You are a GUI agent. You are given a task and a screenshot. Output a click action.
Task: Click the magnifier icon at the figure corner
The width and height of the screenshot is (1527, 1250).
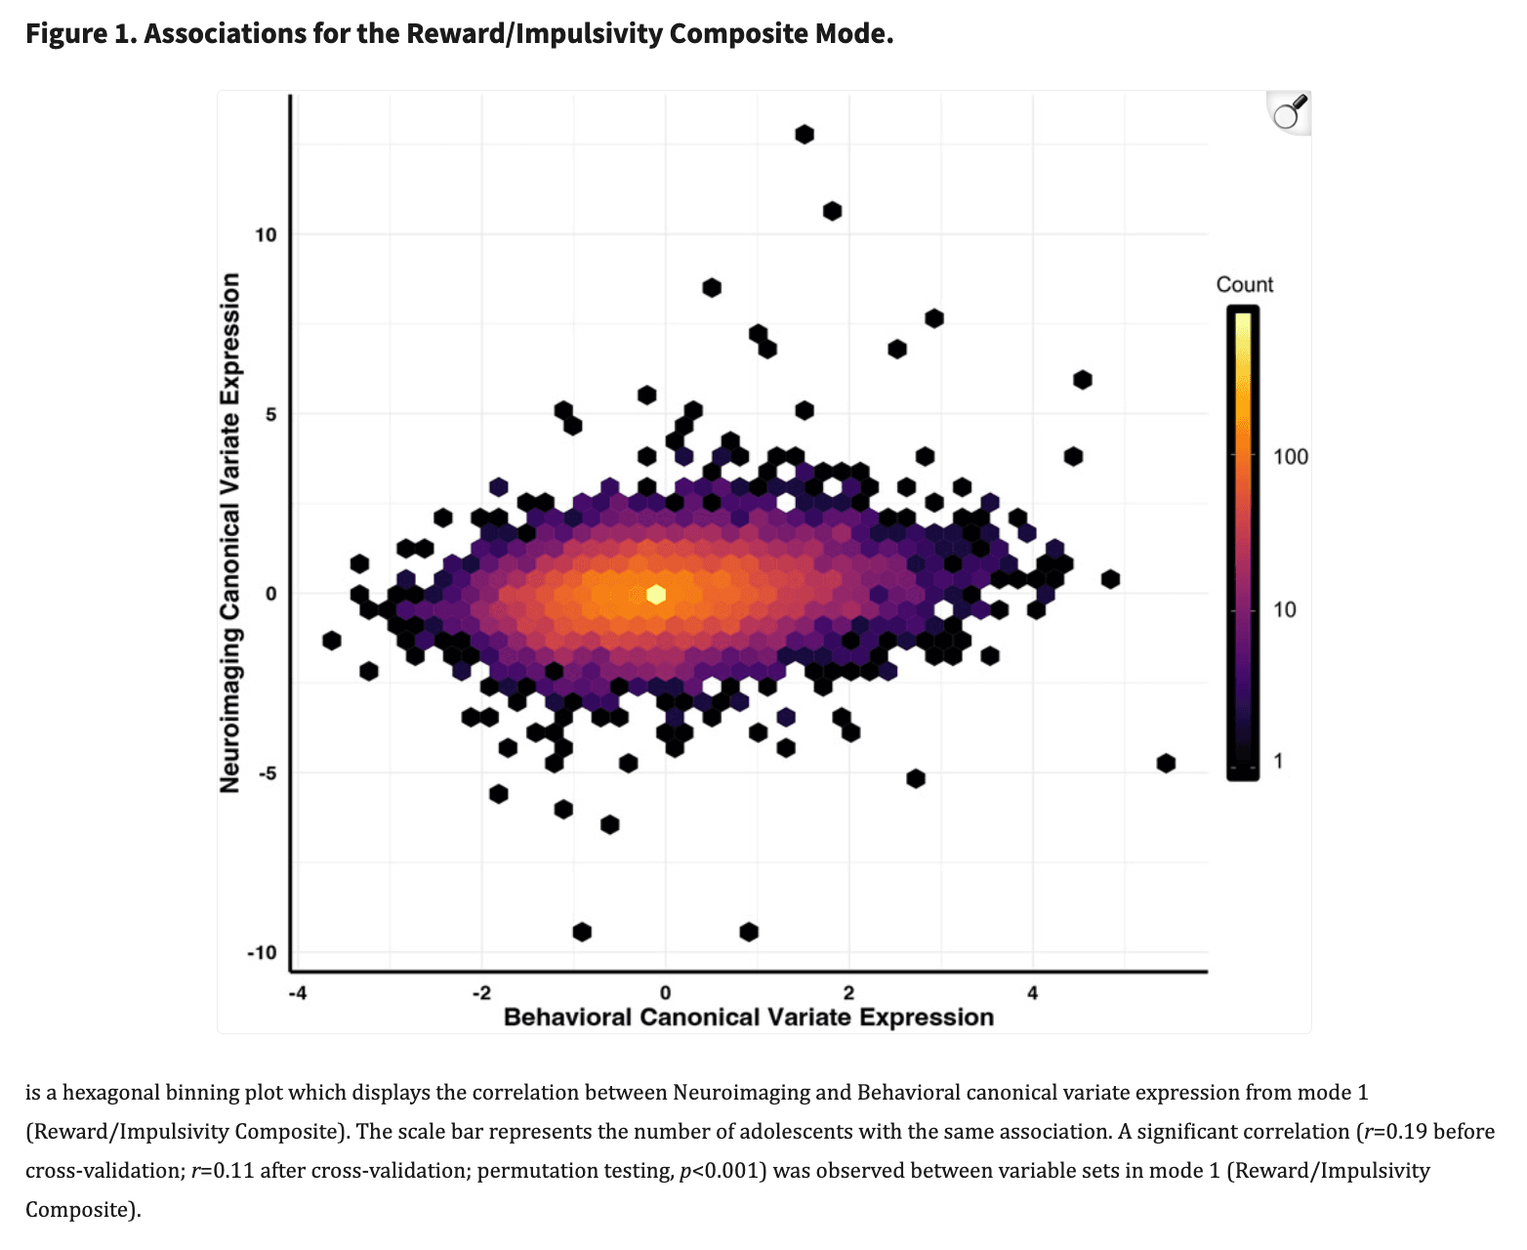[x=1290, y=112]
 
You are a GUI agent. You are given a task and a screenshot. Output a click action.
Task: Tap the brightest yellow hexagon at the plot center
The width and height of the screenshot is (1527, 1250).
[x=656, y=594]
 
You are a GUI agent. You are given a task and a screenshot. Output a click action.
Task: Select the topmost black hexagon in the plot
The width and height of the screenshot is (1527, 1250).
[x=805, y=134]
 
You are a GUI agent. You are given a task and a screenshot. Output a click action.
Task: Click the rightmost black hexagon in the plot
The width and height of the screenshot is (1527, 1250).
[x=1166, y=763]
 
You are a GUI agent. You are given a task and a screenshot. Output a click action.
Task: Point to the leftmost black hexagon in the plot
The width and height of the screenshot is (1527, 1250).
[x=332, y=641]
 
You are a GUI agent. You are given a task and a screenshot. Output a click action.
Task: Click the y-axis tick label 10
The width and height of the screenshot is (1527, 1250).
[x=266, y=234]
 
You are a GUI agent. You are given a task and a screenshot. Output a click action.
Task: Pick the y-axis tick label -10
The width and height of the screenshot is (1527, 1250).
[x=262, y=952]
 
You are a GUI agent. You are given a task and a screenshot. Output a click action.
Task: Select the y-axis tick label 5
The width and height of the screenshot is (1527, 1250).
[x=270, y=414]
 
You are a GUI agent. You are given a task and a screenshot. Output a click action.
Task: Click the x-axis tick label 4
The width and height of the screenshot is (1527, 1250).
[x=1033, y=993]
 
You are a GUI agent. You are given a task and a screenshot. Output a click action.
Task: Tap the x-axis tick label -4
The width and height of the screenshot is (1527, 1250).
[x=297, y=993]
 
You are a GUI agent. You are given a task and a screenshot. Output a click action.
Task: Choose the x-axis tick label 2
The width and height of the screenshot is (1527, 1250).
[x=848, y=993]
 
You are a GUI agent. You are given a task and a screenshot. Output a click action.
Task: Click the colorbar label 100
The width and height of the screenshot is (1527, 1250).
[x=1290, y=457]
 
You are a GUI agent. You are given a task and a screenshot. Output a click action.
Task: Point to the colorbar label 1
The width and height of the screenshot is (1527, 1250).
[x=1278, y=761]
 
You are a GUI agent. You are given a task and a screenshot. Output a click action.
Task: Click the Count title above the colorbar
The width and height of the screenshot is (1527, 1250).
[x=1244, y=284]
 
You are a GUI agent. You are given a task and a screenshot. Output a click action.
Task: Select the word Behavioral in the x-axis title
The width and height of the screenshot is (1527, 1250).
[x=567, y=1018]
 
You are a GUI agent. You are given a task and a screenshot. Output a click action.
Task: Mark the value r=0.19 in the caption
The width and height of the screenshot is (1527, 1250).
[x=1395, y=1132]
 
